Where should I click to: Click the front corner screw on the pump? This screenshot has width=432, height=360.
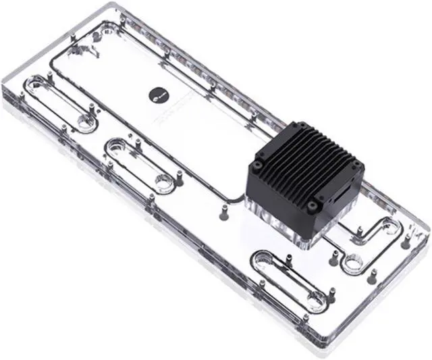(311, 207)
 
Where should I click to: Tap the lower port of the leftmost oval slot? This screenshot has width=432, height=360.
(86, 122)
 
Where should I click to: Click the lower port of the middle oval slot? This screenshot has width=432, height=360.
(163, 181)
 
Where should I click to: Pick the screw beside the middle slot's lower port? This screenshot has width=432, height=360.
(180, 177)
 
